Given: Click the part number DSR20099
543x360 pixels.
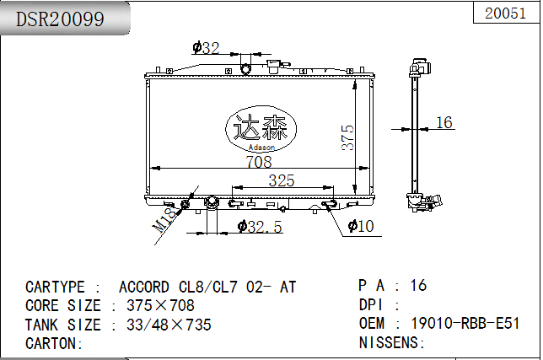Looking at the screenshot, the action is [x=60, y=19].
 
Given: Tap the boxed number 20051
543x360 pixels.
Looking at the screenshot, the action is [x=505, y=13].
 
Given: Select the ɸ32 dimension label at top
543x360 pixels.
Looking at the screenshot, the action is [x=206, y=48].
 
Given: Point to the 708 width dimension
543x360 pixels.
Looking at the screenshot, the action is [x=259, y=162].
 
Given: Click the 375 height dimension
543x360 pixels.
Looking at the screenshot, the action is [x=347, y=137].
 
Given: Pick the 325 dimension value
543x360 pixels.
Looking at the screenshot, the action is [x=282, y=180].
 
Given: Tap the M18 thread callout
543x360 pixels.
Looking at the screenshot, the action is [x=165, y=219].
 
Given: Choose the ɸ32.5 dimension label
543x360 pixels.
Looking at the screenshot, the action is [x=260, y=227].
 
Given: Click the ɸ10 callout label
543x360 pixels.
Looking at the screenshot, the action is [x=361, y=226].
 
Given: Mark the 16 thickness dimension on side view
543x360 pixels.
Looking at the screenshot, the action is [x=444, y=122].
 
